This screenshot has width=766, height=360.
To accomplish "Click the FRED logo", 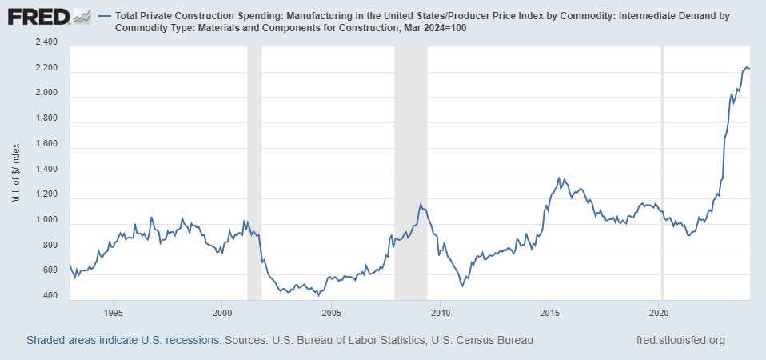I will [x=38, y=17].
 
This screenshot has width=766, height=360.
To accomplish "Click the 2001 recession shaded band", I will [x=253, y=172].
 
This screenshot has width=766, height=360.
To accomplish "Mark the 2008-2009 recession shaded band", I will [x=411, y=172].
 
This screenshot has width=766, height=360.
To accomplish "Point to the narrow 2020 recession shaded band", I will [x=662, y=172].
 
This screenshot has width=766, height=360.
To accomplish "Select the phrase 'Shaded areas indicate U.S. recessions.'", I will [x=124, y=341].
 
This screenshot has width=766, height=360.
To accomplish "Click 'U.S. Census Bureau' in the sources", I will [x=482, y=341].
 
